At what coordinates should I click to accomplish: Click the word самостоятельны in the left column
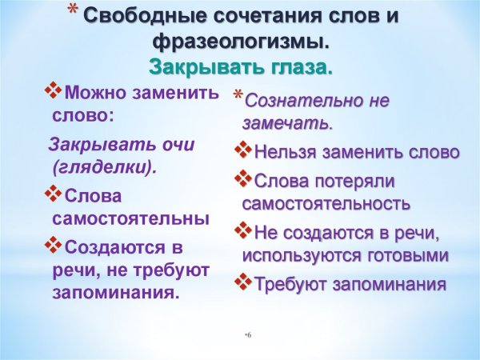131,218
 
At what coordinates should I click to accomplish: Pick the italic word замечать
286,124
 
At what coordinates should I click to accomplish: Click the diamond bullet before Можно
53,91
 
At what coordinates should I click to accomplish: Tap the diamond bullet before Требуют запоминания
243,282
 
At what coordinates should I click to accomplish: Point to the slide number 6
249,333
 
